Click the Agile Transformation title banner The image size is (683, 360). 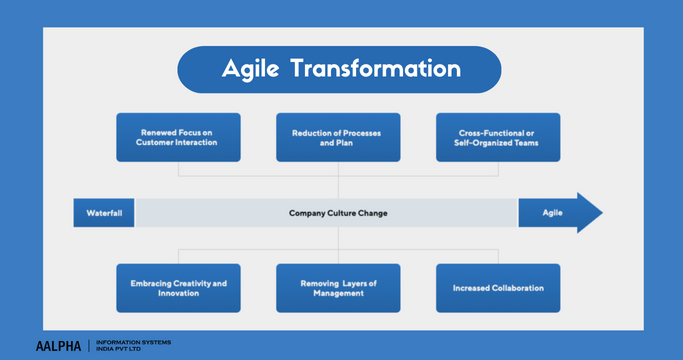[x=339, y=70]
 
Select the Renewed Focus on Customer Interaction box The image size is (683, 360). [x=178, y=137]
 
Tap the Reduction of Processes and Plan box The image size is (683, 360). [x=338, y=137]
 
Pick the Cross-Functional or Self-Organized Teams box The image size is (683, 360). [x=498, y=137]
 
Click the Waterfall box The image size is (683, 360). [x=104, y=213]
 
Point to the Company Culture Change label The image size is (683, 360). [x=338, y=213]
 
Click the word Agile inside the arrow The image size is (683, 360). [x=552, y=213]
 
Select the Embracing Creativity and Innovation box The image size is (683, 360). [x=178, y=288]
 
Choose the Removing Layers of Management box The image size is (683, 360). [x=338, y=288]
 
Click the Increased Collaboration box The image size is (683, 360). [x=498, y=288]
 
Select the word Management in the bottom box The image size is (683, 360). [x=338, y=294]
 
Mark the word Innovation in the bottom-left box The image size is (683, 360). [x=178, y=294]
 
